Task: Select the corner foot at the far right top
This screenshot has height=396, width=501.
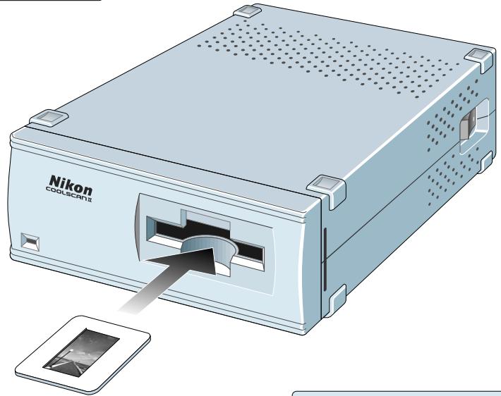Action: pyautogui.click(x=479, y=56)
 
